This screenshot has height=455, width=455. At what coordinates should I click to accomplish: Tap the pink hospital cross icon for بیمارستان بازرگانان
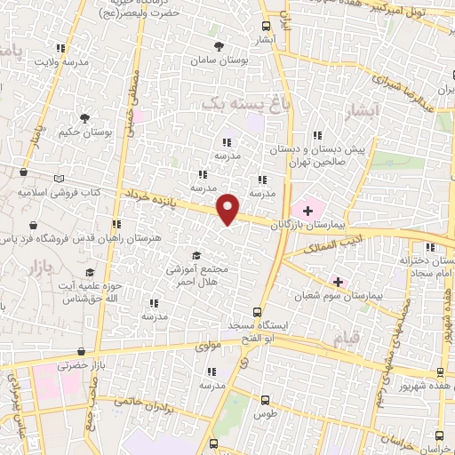pos(307,210)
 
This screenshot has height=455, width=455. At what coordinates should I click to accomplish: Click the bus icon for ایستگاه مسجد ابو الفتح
pos(257,312)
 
